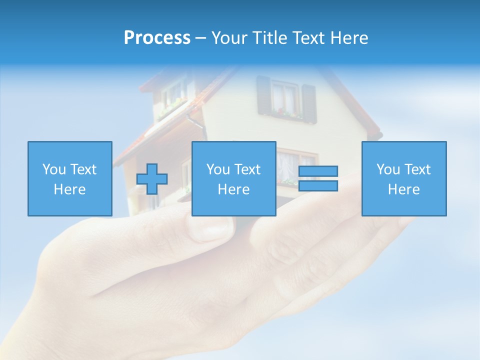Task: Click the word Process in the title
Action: [x=157, y=38]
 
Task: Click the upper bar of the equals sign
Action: [x=318, y=171]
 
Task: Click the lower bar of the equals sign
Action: [x=318, y=186]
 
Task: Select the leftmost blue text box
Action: [x=70, y=178]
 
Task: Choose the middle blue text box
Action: [x=234, y=178]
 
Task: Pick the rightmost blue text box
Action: [x=404, y=178]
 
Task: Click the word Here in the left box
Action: [x=70, y=189]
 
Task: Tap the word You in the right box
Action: [x=388, y=169]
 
